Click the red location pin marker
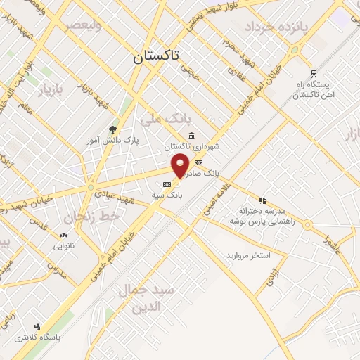pyautogui.click(x=181, y=165)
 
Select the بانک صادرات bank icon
pyautogui.click(x=199, y=162)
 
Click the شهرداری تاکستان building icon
pyautogui.click(x=191, y=136)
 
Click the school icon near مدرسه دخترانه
pyautogui.click(x=262, y=200)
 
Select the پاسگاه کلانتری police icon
pyautogui.click(x=37, y=326)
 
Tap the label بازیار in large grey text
pyautogui.click(x=50, y=91)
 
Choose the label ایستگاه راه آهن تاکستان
pyautogui.click(x=314, y=90)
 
